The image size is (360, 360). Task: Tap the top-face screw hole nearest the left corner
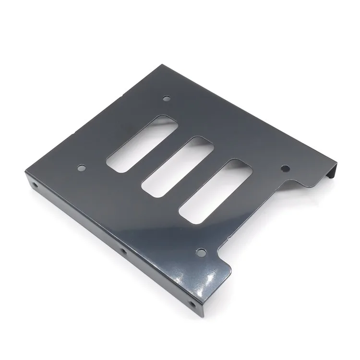tap(82, 168)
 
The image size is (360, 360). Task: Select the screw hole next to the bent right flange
tap(285, 168)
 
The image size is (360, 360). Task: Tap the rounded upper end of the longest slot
tap(166, 119)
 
